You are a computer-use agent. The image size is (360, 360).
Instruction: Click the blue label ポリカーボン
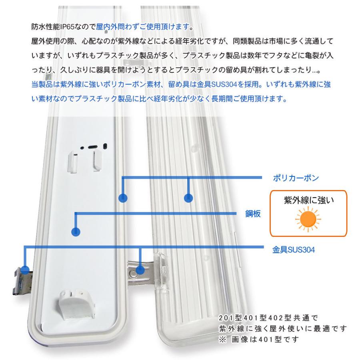tap(296, 178)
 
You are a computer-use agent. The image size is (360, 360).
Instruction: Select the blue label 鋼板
tap(253, 214)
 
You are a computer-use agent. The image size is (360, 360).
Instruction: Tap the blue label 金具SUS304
tap(294, 250)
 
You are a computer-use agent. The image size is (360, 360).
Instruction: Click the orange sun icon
tap(308, 219)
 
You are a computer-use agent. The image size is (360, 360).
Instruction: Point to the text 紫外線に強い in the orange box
tap(309, 200)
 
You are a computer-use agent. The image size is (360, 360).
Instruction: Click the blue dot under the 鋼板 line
tap(76, 232)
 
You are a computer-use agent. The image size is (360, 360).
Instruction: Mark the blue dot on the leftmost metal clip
tap(25, 270)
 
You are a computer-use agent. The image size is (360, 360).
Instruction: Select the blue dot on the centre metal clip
tap(140, 270)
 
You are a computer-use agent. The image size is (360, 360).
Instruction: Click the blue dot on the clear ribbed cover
tap(188, 198)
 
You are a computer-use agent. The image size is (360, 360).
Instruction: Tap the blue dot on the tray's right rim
tap(123, 198)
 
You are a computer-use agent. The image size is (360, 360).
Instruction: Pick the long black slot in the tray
tap(93, 147)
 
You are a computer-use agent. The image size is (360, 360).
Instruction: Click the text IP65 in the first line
tap(68, 27)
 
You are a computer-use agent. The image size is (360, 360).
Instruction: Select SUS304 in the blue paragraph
tap(224, 84)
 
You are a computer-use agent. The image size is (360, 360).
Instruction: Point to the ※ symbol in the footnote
tap(222, 339)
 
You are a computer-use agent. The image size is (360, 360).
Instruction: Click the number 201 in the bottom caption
tap(227, 318)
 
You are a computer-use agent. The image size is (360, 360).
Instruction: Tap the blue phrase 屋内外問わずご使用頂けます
tap(143, 27)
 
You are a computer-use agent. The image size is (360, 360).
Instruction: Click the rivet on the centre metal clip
tap(133, 273)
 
